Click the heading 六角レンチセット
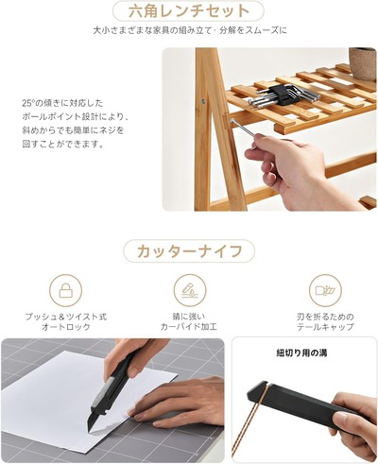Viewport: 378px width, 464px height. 189,11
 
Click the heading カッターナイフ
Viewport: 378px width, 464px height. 189,251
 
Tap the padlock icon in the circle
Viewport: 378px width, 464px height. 65,290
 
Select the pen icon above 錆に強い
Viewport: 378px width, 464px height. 190,290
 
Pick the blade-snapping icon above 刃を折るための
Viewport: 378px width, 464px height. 325,290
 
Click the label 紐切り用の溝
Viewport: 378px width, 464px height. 301,352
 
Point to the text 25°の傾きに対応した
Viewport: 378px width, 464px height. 62,103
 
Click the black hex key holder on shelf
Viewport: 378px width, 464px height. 283,95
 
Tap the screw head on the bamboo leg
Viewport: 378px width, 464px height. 203,101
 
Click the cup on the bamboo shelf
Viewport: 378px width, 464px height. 363,63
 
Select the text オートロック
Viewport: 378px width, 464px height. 66,327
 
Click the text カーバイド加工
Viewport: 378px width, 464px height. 189,327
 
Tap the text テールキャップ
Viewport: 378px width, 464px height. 325,327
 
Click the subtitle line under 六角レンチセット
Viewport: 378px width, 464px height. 190,30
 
